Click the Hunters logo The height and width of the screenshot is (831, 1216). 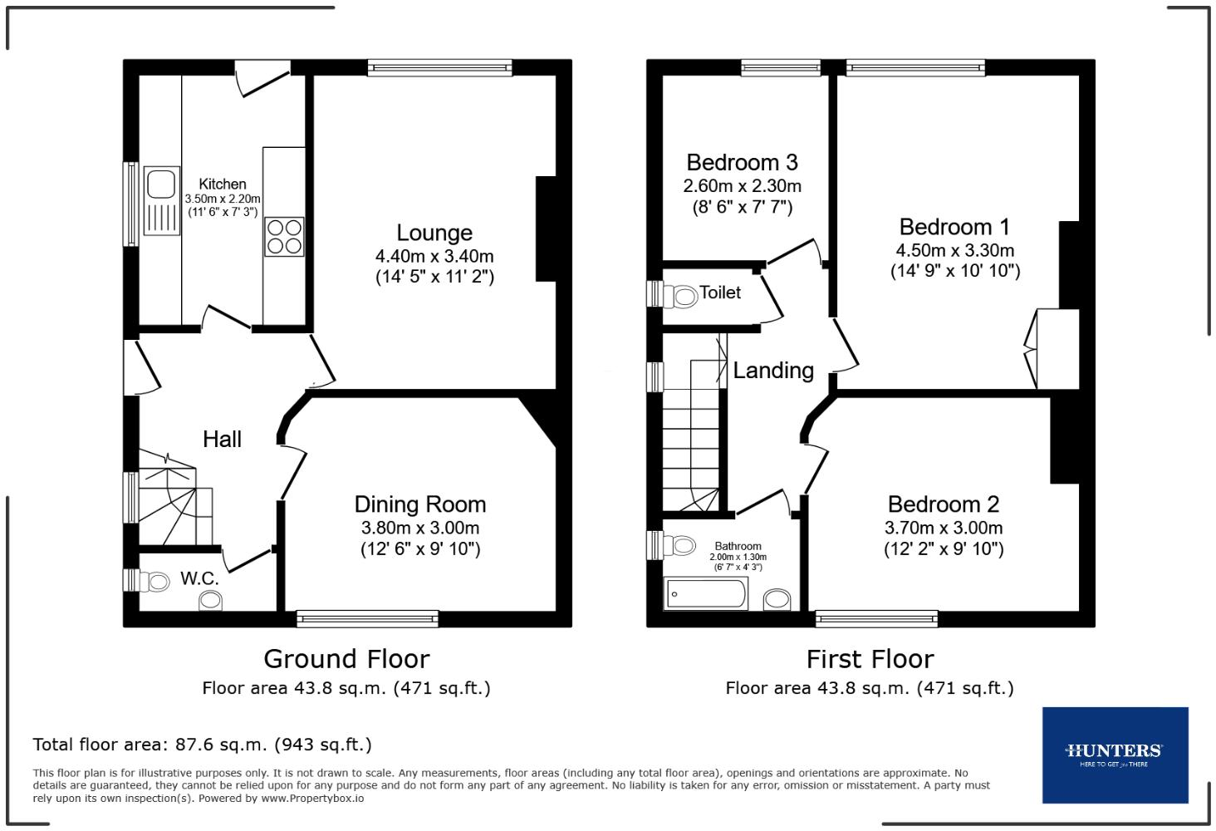click(x=1114, y=754)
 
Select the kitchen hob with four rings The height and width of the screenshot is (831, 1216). click(x=284, y=236)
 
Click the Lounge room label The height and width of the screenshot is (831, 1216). click(x=434, y=234)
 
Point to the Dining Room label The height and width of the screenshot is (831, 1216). click(x=419, y=504)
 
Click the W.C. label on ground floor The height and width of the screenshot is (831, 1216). click(x=199, y=578)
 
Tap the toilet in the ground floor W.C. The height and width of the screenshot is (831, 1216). click(x=154, y=580)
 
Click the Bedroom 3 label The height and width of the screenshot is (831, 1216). click(x=742, y=162)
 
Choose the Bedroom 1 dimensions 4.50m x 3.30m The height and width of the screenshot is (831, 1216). click(x=954, y=250)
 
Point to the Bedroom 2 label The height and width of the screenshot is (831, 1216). click(x=943, y=504)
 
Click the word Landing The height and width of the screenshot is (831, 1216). click(x=772, y=371)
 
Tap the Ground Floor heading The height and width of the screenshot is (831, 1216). click(x=346, y=659)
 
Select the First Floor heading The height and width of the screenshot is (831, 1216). click(x=870, y=659)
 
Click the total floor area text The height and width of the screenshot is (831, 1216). click(x=202, y=745)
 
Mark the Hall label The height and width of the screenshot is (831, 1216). click(x=222, y=440)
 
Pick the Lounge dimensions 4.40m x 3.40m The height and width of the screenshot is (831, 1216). click(x=434, y=256)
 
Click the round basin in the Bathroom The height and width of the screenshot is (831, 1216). click(x=777, y=599)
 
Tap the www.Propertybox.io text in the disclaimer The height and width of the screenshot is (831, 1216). click(x=312, y=799)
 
